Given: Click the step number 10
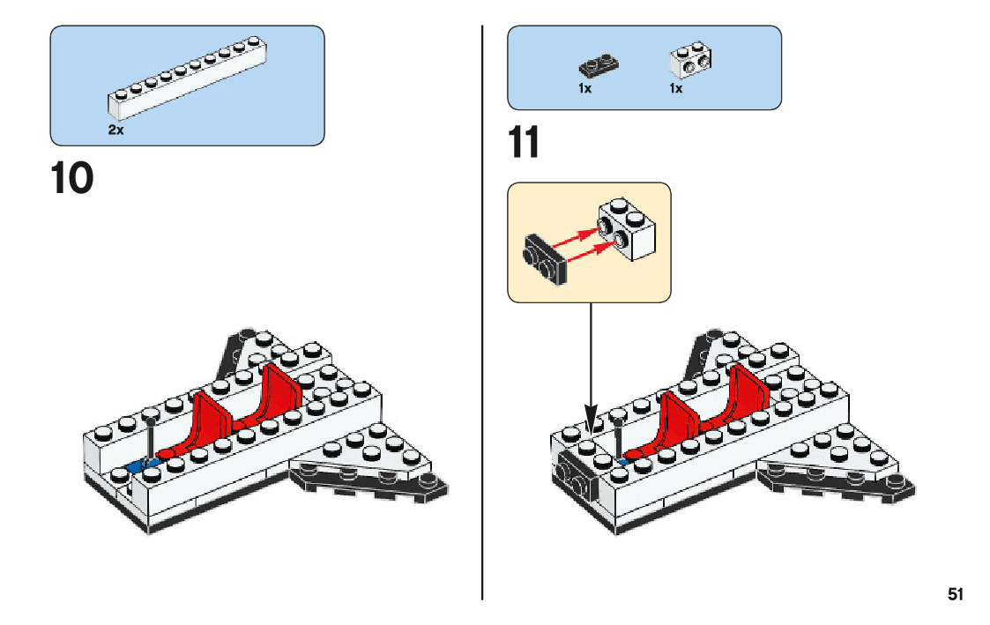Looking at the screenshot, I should click(72, 179).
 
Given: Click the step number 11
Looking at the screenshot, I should click(525, 143).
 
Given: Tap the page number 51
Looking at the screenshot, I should click(956, 594).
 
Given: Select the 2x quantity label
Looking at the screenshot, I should click(115, 130).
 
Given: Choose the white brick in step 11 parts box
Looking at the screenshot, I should click(691, 60).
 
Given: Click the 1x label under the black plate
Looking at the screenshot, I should click(585, 89).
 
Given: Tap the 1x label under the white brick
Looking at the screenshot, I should click(676, 89).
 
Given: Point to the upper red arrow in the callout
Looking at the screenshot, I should click(574, 236).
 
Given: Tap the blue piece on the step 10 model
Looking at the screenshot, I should click(137, 465).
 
